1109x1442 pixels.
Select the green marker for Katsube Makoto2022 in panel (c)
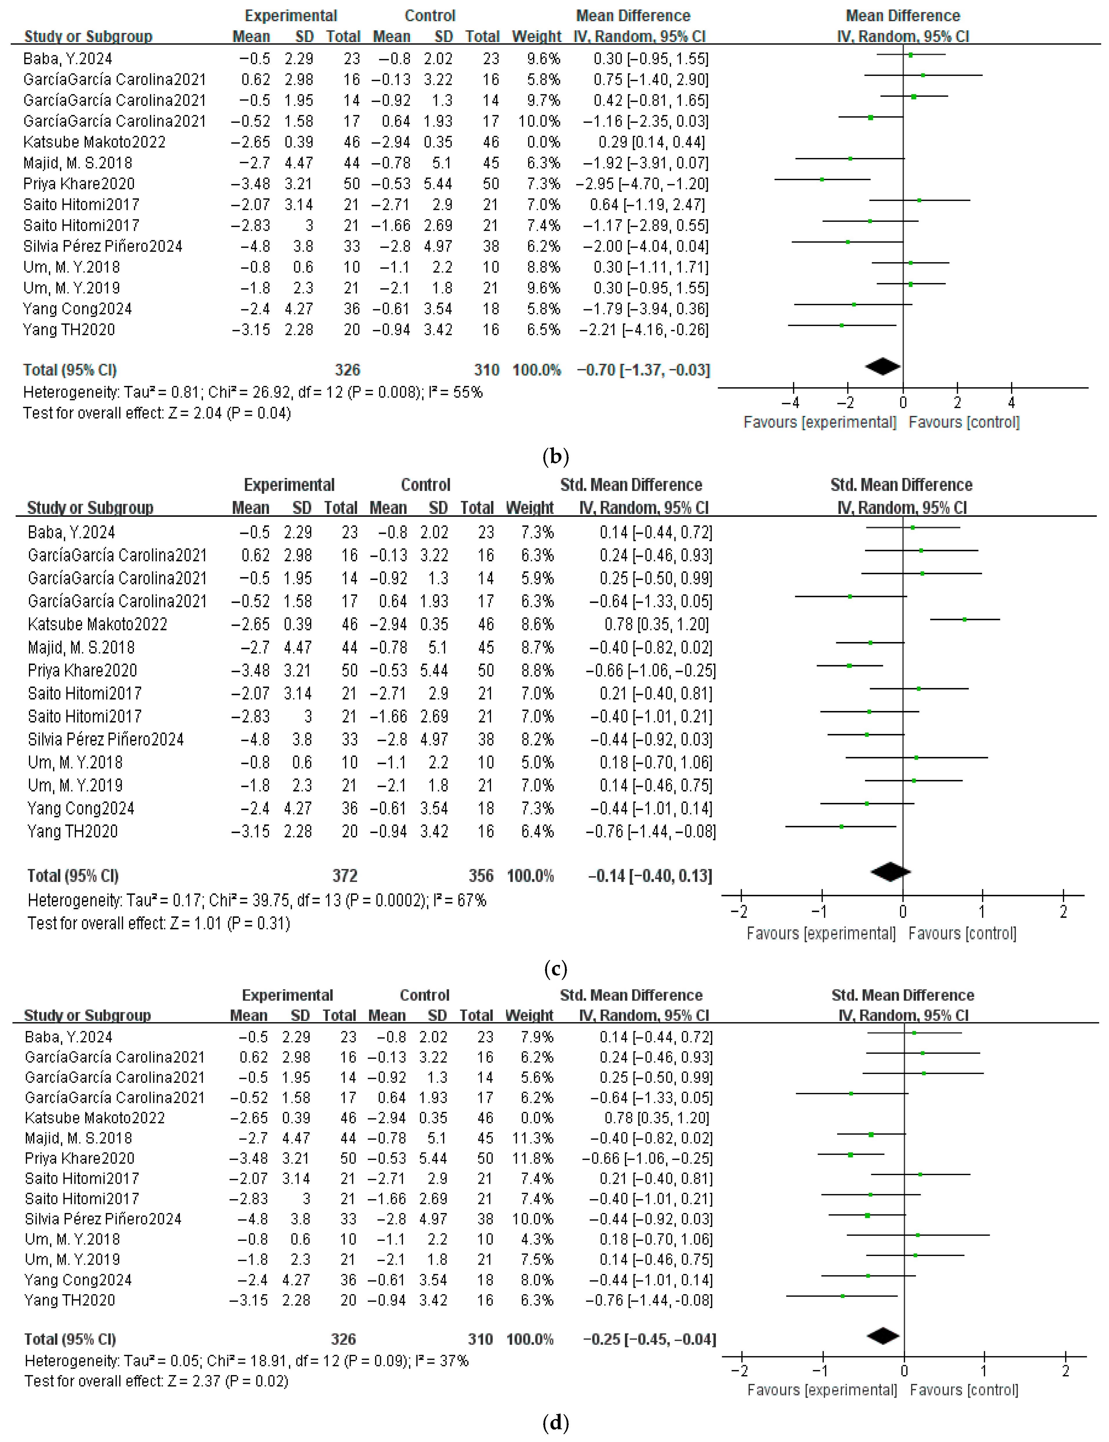point(964,619)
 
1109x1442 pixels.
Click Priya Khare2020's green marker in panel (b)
point(822,179)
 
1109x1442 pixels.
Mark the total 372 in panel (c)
point(345,876)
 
